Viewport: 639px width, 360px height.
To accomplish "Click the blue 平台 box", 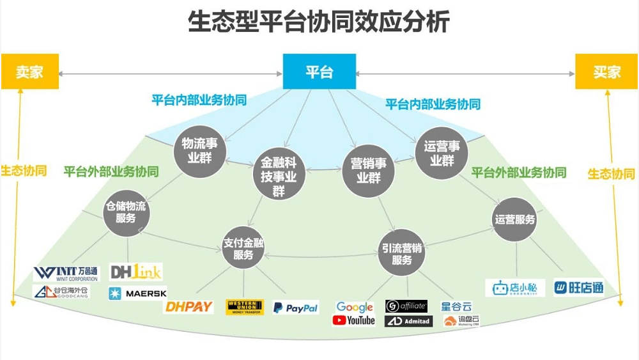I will click(319, 72).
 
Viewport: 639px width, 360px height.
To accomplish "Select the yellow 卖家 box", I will click(29, 72).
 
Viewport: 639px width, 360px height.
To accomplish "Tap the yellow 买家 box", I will click(606, 72).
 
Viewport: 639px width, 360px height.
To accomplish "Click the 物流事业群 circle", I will click(200, 151).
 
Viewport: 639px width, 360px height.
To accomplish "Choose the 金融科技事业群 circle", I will click(279, 175).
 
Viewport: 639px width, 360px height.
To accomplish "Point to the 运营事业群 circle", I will click(442, 153).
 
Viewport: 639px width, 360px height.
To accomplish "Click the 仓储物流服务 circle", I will click(127, 213).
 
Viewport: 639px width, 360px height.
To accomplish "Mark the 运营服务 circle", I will click(515, 219).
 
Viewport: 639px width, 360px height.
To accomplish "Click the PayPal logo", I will click(295, 308).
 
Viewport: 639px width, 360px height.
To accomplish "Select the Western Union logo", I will click(245, 308).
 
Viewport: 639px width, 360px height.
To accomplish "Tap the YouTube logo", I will click(354, 320).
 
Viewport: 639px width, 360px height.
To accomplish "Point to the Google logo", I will click(354, 307).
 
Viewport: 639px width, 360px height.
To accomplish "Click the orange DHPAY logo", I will click(189, 308).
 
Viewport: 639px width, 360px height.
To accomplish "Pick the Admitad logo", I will click(408, 321).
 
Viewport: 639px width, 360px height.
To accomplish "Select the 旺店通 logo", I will click(578, 288).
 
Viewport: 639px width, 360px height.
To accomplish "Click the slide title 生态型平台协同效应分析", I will click(319, 22).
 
